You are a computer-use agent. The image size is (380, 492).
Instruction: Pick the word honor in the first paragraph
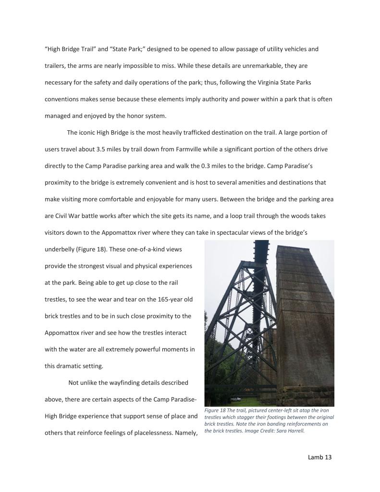141,115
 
